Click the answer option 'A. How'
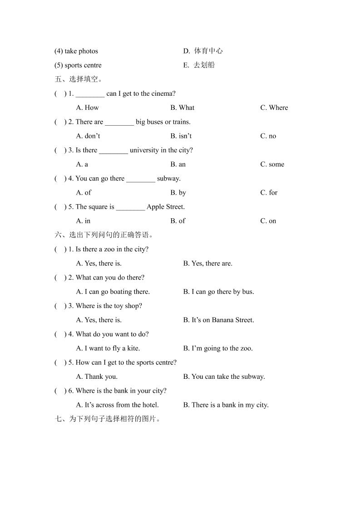[x=87, y=108]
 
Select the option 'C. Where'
[x=274, y=108]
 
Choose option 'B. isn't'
[x=181, y=136]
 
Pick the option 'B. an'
[x=178, y=164]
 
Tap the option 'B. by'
[x=178, y=192]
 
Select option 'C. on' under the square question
[x=268, y=221]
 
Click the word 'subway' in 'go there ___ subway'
[x=168, y=178]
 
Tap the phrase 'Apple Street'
[x=165, y=207]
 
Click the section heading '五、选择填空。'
[x=78, y=79]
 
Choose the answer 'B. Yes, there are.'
[x=207, y=263]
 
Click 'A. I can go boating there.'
[x=113, y=292]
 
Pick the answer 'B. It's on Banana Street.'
[x=218, y=320]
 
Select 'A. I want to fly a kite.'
[x=108, y=348]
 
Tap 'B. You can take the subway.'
[x=224, y=377]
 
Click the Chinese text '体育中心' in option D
[x=208, y=51]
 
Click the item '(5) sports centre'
[x=78, y=65]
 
